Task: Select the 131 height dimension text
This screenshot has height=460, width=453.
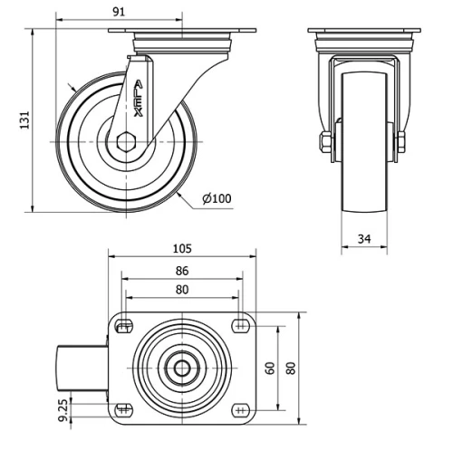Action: click(24, 119)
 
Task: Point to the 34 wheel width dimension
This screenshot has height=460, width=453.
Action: click(363, 239)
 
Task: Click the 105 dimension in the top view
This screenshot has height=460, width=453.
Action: click(183, 248)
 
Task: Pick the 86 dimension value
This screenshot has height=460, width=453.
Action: click(183, 270)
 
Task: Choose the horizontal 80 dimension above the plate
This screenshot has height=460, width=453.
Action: click(183, 290)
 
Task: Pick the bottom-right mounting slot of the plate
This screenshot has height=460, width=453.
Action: click(240, 410)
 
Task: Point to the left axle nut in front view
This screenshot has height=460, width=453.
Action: click(324, 141)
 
